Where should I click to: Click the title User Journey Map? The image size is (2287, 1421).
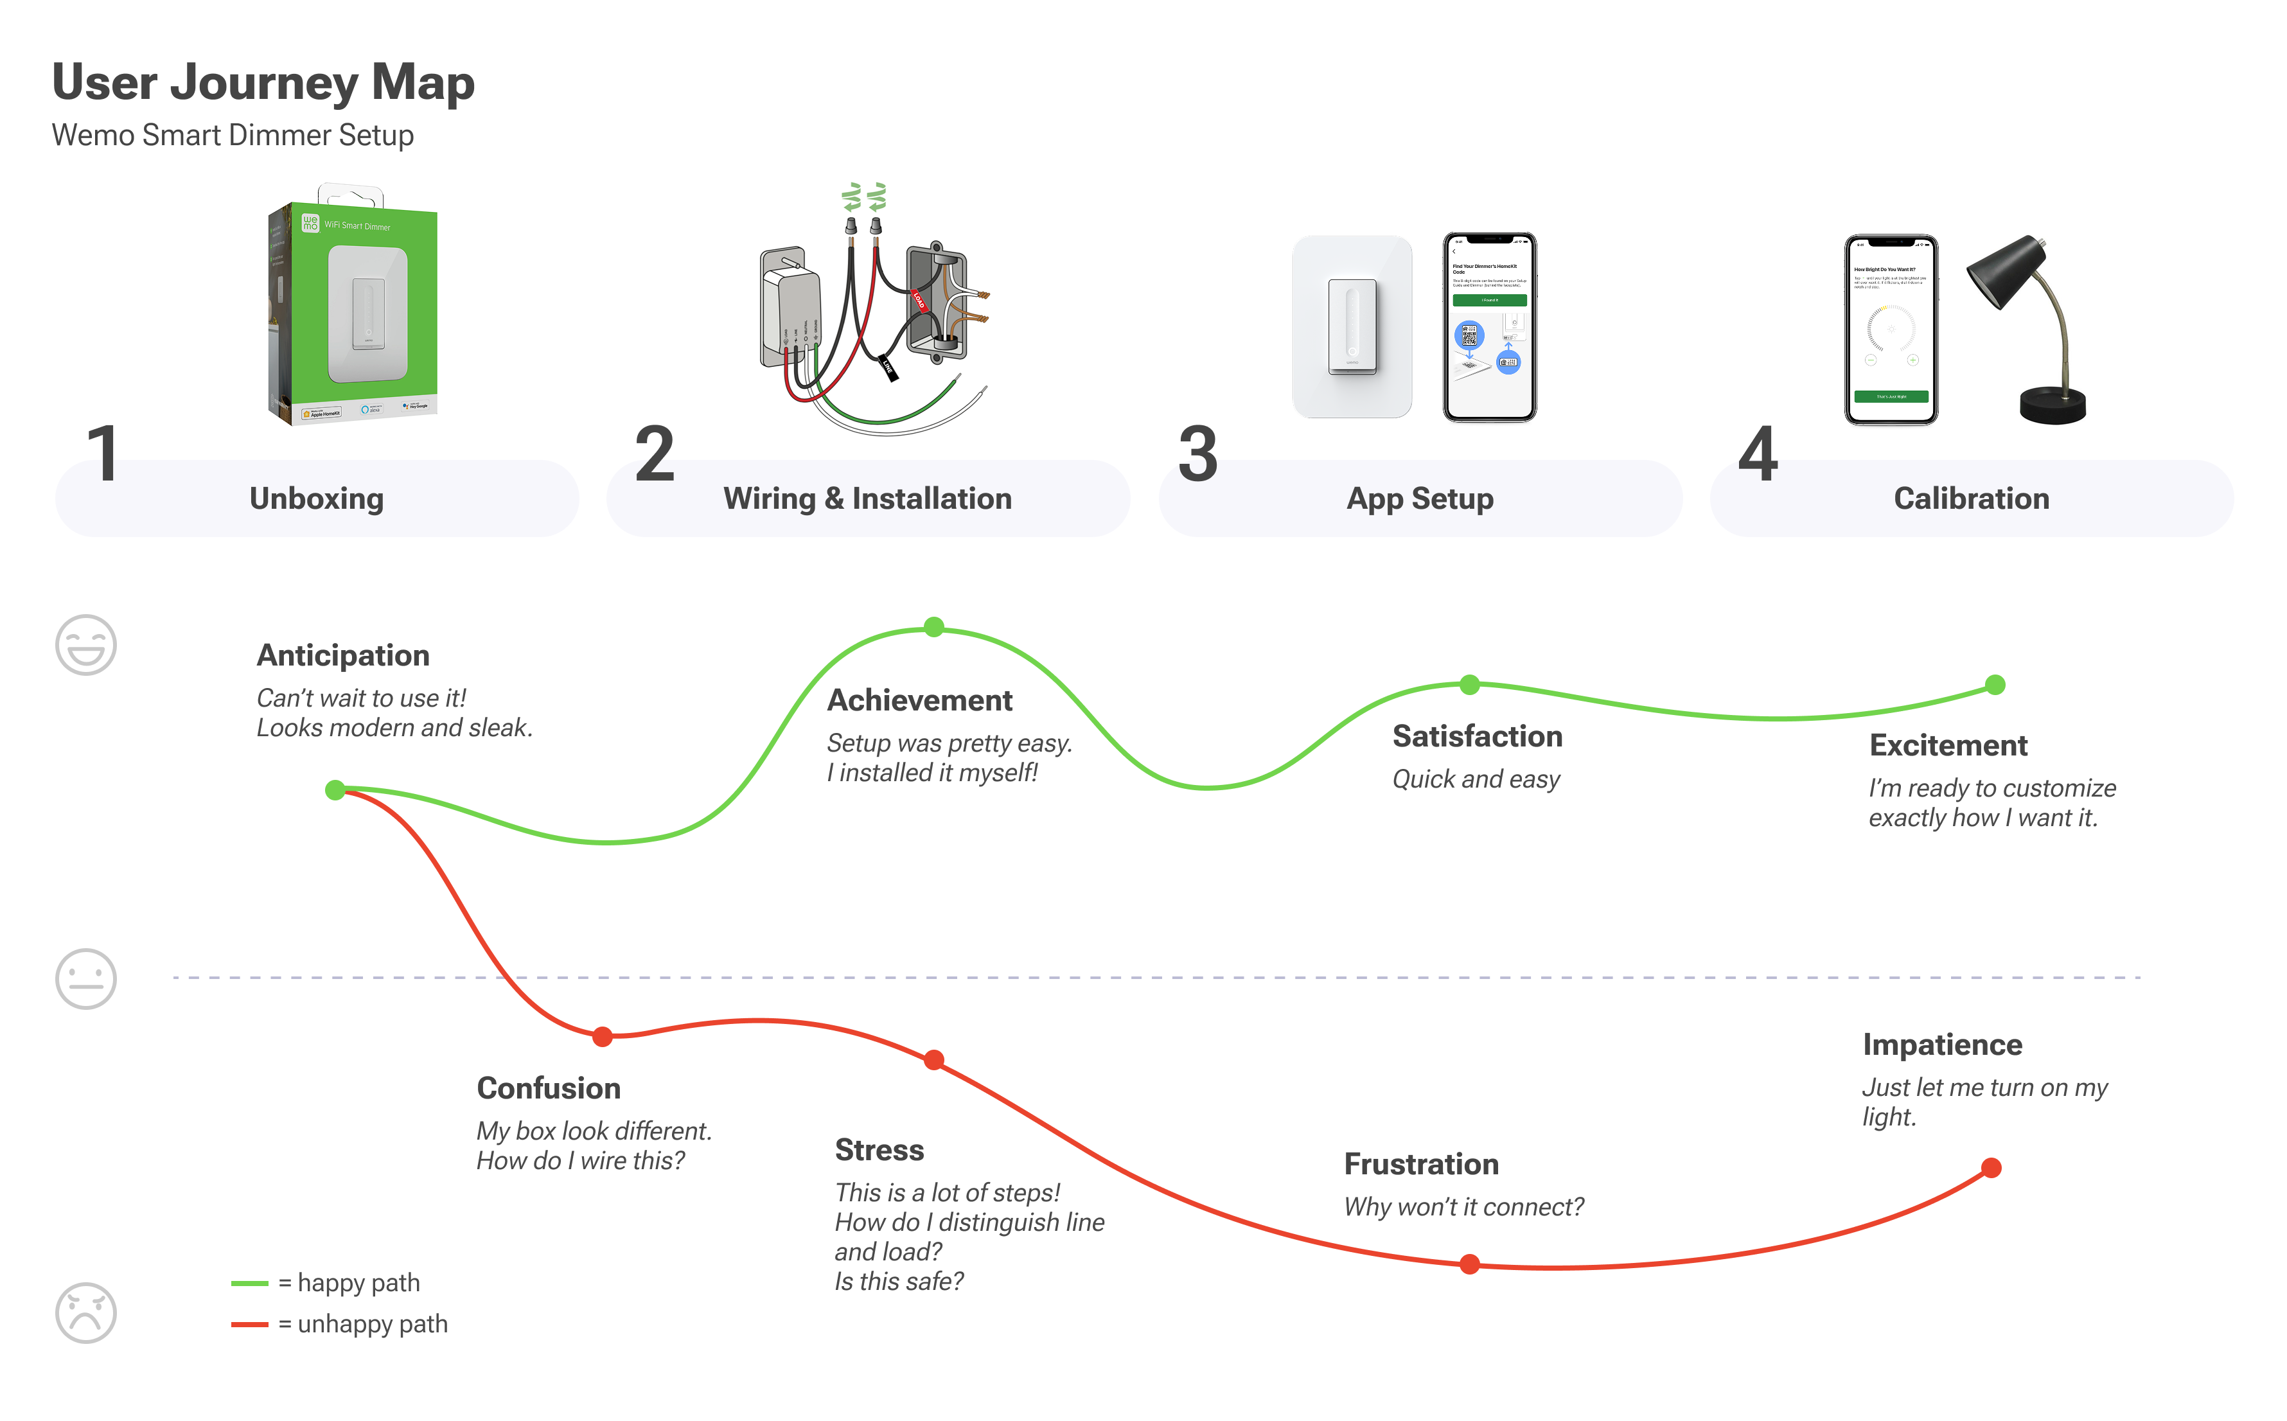263,83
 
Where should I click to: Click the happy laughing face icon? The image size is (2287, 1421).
85,645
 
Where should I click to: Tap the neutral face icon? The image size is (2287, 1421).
85,978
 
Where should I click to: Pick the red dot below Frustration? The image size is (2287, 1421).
1470,1264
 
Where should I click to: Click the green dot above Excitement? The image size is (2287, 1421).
1995,685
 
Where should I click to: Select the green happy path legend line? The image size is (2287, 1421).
250,1283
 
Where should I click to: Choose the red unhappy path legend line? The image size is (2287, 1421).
250,1324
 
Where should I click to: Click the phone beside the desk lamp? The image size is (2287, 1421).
1891,329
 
